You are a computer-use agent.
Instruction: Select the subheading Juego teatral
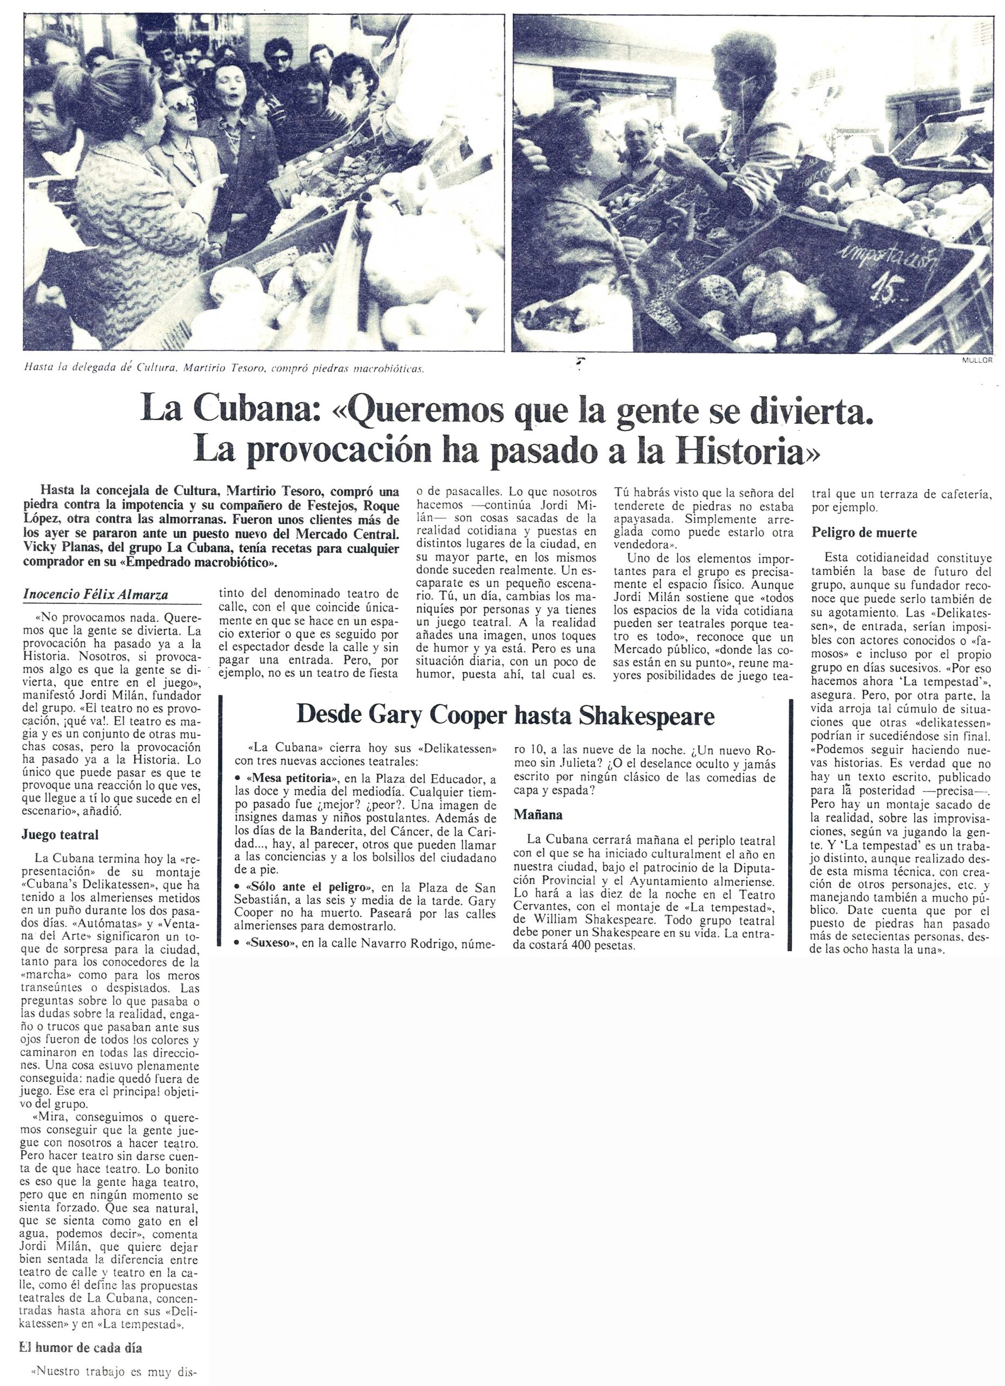(x=60, y=834)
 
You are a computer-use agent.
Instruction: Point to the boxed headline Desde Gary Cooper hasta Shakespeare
(x=505, y=715)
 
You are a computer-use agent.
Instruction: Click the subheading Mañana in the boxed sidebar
(x=538, y=814)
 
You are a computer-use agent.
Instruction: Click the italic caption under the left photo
(x=224, y=369)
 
